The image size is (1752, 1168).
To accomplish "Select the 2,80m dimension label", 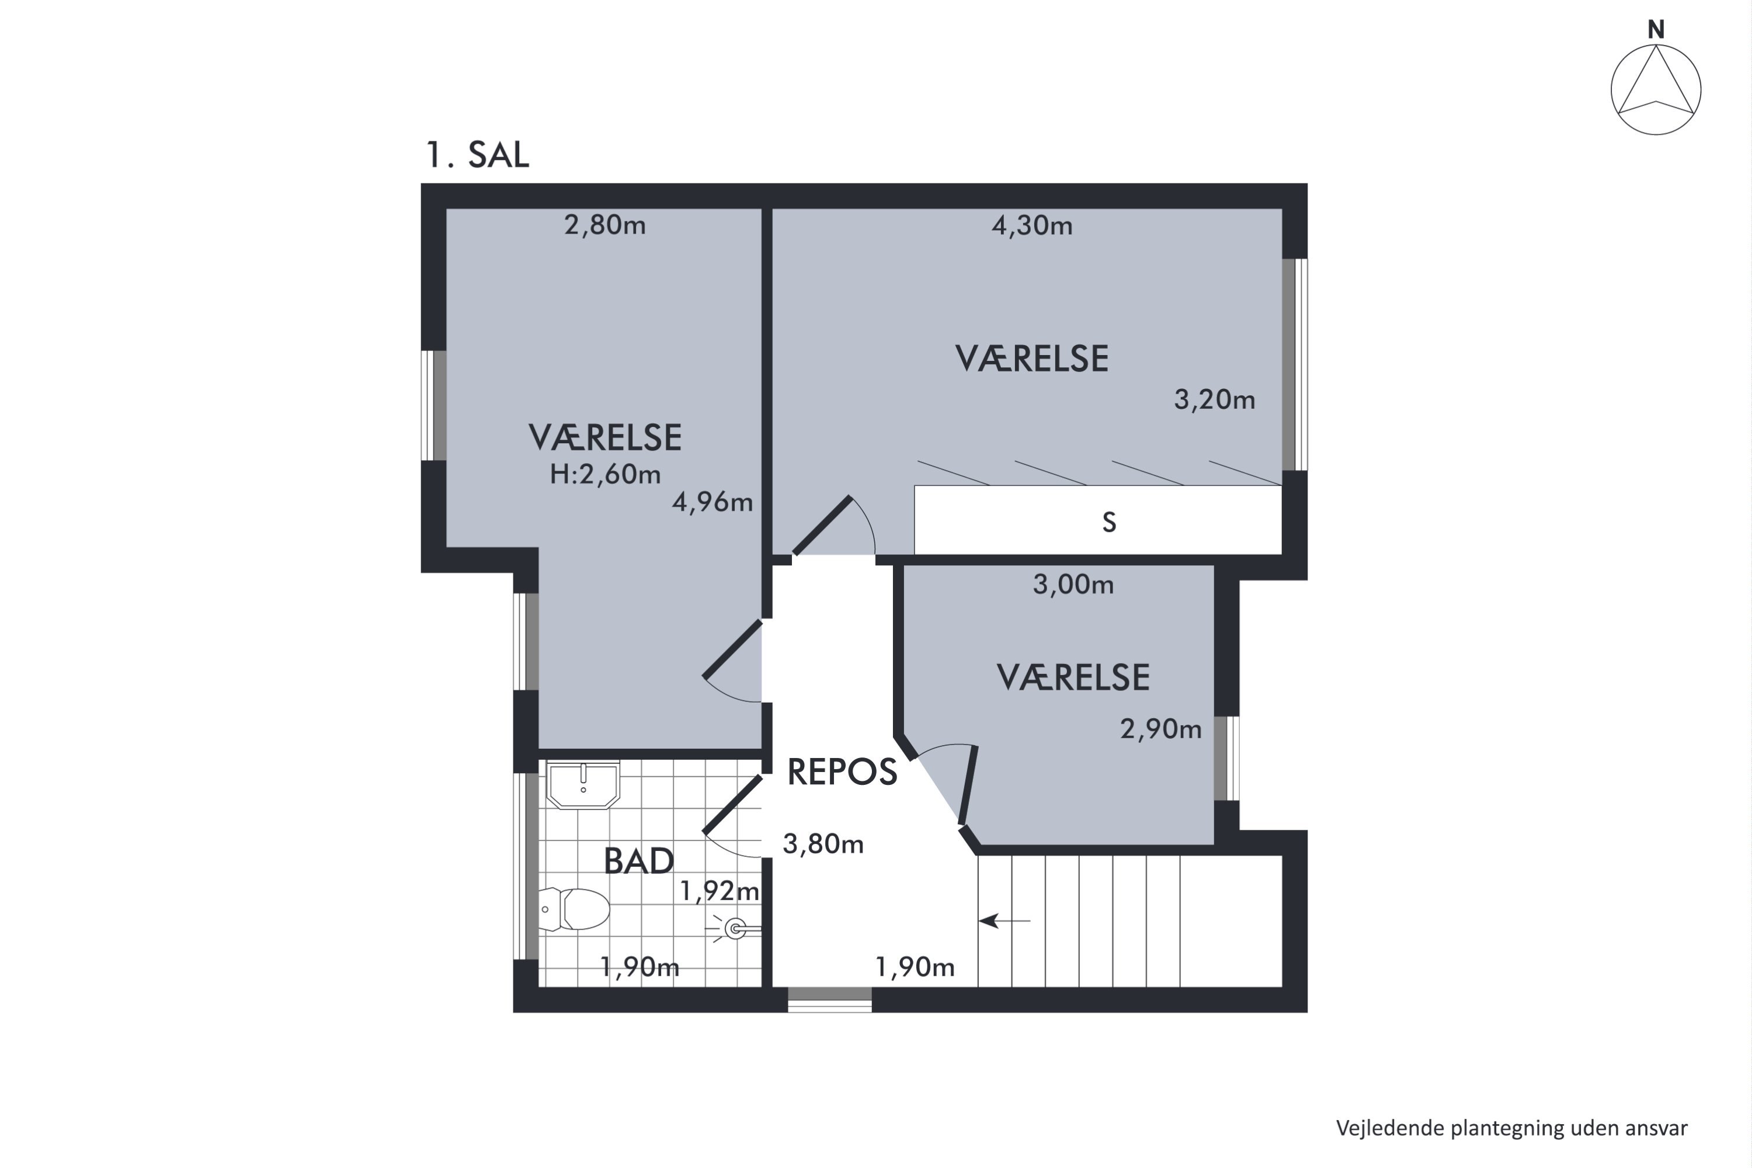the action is pos(605,225).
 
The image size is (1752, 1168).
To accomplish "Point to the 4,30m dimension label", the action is pos(1032,225).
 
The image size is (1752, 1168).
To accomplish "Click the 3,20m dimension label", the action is pos(1215,400).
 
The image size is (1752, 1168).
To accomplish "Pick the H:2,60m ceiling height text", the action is pos(605,474).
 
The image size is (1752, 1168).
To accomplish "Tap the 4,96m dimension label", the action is pos(712,503).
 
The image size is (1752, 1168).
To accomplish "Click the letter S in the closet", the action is pos(1109,523).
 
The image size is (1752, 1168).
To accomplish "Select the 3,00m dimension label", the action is pos(1073,585).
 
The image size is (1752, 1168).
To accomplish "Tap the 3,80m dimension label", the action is pos(823,844).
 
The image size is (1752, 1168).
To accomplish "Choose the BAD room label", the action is pos(638,861).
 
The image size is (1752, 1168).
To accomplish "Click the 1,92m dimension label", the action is pos(719,891).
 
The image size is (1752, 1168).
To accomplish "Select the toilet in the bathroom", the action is pos(574,909).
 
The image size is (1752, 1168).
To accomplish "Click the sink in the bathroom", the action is pos(583,784).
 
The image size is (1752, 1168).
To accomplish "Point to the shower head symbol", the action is pos(735,929).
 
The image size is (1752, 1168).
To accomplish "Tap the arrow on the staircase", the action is pos(1004,922).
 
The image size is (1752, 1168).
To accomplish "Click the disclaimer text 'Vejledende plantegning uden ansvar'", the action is pos(1511,1128).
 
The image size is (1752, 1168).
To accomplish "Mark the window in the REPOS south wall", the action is pos(830,1000).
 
